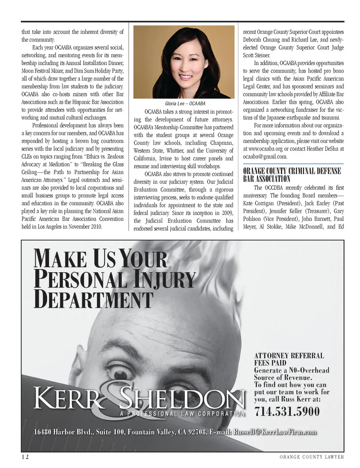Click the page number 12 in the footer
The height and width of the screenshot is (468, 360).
pos(25,457)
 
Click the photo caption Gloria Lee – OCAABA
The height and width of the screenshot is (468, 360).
pos(185,103)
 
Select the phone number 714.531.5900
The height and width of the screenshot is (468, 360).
pos(287,412)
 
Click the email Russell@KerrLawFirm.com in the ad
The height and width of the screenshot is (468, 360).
pos(275,432)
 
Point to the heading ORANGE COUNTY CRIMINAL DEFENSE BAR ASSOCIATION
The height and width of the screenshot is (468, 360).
pos(292,175)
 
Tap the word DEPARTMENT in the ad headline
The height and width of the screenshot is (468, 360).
pos(94,300)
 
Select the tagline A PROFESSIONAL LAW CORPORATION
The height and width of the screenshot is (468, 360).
pos(183,414)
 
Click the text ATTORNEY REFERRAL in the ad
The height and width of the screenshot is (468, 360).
pos(289,355)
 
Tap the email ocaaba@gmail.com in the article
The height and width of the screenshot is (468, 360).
pos(265,157)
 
